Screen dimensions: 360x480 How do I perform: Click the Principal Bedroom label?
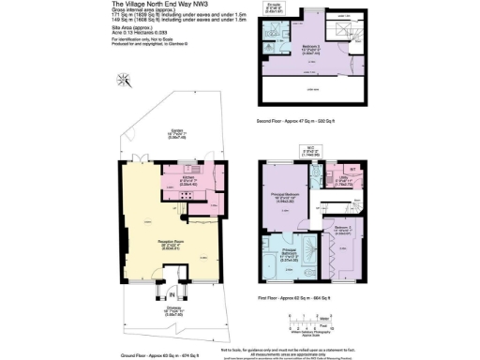(x=287, y=194)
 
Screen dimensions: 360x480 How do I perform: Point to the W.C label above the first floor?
(x=308, y=148)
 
